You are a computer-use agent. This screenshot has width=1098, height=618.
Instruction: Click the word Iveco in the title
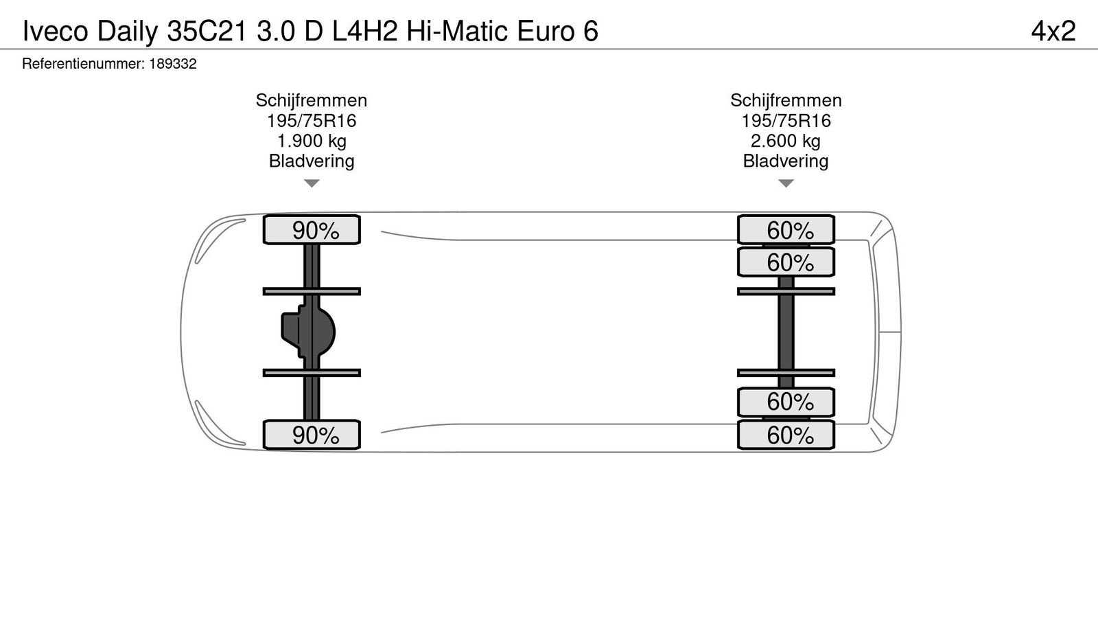pos(56,31)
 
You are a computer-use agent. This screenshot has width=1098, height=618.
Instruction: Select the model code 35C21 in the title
pos(207,31)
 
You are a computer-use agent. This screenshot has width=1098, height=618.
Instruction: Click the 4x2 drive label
pos(1053,31)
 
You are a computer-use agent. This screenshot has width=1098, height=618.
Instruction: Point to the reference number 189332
pos(173,64)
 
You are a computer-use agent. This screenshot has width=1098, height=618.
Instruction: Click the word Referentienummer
pos(83,64)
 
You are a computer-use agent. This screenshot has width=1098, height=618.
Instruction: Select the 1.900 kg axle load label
pos(312,141)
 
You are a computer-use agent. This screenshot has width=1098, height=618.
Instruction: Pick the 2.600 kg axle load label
pos(786,141)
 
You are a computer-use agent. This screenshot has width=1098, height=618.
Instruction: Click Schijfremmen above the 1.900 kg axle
pos(312,100)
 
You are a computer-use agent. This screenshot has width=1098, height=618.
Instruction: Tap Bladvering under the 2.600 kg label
pos(786,161)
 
